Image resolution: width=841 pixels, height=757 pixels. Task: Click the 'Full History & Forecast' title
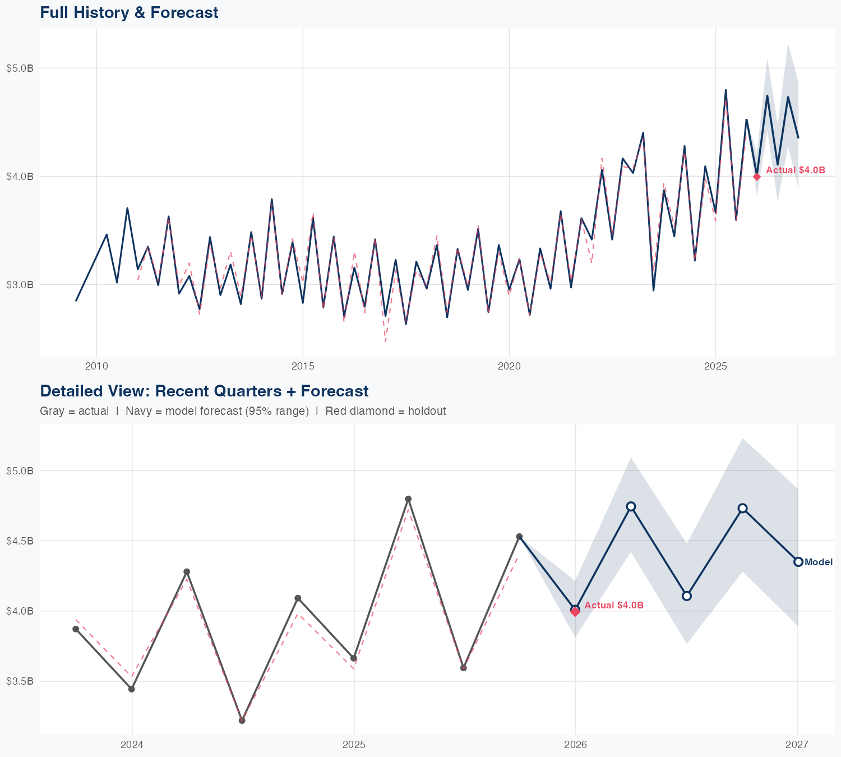coord(129,12)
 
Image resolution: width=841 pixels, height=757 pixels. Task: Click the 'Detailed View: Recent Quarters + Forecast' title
coord(204,391)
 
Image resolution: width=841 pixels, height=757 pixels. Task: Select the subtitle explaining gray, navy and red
coord(243,411)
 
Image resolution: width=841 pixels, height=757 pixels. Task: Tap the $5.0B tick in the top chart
coord(20,68)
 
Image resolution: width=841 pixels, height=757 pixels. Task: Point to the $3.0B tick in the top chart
coord(20,284)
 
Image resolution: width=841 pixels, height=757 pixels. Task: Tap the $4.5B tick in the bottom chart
coord(20,541)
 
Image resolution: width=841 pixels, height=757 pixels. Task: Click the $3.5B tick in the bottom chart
coord(20,681)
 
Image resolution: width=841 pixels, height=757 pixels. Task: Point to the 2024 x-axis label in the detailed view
coord(132,745)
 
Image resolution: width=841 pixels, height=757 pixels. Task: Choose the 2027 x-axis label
coord(797,745)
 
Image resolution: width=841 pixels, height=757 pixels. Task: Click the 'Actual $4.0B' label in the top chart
coord(796,170)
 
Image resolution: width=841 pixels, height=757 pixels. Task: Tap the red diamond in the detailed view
coord(575,612)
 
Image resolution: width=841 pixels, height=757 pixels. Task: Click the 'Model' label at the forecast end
coord(819,562)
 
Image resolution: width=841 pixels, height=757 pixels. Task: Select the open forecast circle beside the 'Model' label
coord(798,562)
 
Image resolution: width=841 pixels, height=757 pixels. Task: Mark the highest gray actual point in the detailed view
coord(408,499)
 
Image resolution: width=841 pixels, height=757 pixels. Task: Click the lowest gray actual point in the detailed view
coord(242,721)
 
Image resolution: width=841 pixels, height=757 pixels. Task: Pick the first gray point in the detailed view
coord(76,629)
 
